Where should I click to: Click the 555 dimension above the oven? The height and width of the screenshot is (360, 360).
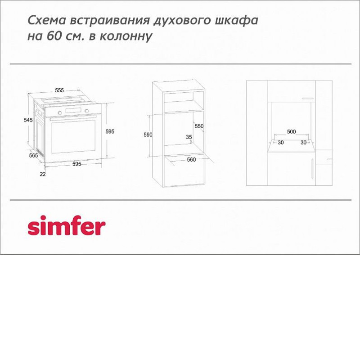pos(59,90)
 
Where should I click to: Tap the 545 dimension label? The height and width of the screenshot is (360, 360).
pos(28,120)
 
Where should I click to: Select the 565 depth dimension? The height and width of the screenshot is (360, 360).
pos(33,155)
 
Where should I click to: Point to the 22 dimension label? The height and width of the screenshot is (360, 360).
pos(43,174)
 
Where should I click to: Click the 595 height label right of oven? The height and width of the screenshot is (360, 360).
pos(110,131)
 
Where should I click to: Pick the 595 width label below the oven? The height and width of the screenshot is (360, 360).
pos(76,164)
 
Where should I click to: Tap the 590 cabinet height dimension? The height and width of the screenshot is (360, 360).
pos(148,135)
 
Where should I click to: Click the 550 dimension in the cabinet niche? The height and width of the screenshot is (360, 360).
pos(199,126)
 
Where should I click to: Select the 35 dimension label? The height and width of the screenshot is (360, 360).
pos(189,137)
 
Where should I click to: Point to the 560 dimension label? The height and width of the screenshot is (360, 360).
pos(191,160)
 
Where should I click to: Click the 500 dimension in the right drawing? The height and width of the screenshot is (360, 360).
pos(291,131)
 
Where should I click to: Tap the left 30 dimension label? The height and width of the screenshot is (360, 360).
pos(280,143)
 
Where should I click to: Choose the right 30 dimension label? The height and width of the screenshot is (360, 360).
pos(303,143)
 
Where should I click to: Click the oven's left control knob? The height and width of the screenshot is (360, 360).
pos(60,113)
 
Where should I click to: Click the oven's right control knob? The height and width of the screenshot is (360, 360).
pos(86,111)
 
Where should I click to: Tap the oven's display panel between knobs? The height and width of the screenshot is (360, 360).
pos(73,110)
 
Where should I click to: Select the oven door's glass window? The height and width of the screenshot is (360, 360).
pos(73,137)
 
